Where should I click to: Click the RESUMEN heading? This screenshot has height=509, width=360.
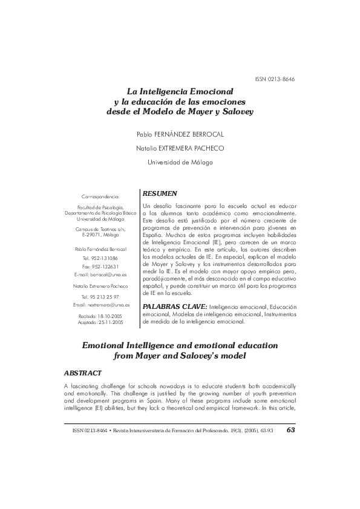(x=160, y=193)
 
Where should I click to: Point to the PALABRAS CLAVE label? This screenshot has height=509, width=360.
(x=174, y=306)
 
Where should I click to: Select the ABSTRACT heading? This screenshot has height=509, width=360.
(x=82, y=372)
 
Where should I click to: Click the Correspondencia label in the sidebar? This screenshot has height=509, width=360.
(x=100, y=196)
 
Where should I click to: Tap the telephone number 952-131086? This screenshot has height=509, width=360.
(x=104, y=258)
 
